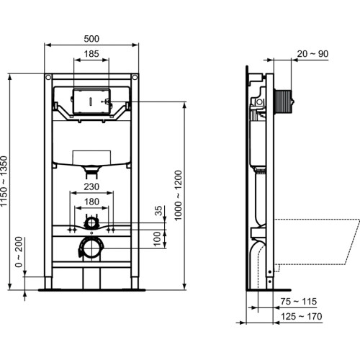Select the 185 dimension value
91,53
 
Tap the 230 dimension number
91,186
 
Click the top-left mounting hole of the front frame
47,77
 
